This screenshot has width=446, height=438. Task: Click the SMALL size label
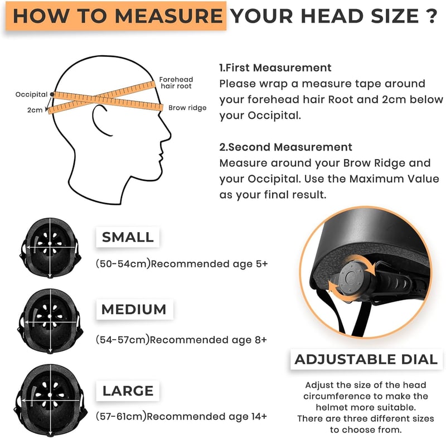click(128, 237)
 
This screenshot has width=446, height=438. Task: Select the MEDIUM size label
click(134, 309)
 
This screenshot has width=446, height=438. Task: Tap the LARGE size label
click(128, 391)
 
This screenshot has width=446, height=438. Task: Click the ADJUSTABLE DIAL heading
click(366, 359)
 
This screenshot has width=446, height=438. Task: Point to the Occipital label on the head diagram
click(31, 94)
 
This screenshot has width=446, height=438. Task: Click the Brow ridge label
click(187, 108)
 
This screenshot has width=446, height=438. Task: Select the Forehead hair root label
click(176, 83)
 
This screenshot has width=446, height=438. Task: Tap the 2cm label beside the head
click(35, 110)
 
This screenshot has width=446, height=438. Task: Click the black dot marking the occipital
click(52, 94)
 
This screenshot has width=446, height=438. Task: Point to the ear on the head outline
click(100, 120)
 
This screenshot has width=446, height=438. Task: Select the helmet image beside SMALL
click(50, 248)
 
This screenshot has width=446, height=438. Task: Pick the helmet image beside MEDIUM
click(51, 321)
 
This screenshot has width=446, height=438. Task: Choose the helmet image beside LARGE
click(51, 401)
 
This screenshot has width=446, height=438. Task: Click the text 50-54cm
click(123, 264)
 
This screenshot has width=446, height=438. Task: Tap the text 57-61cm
click(121, 417)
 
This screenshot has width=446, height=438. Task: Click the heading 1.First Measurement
click(275, 68)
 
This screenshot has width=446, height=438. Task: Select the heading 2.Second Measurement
click(285, 147)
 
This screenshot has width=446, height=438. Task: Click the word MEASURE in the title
click(169, 16)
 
